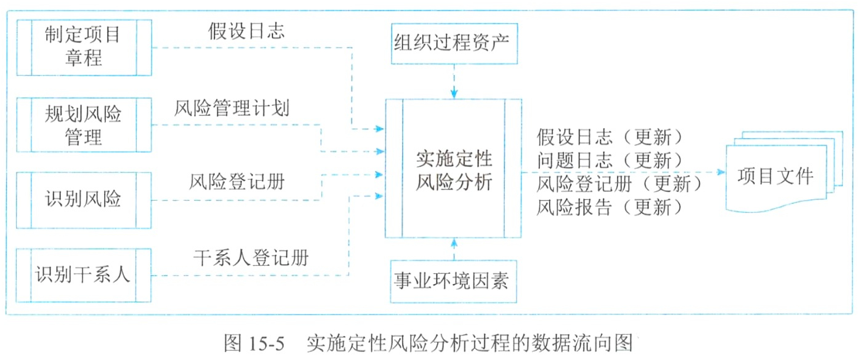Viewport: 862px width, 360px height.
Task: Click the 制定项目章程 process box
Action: click(x=84, y=47)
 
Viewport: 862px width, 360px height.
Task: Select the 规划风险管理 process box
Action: click(x=84, y=125)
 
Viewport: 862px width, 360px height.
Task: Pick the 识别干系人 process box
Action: click(x=84, y=275)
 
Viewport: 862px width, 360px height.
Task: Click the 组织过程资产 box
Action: click(x=454, y=45)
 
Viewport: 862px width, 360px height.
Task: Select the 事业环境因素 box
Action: click(x=454, y=282)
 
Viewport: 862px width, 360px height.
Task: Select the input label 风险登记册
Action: click(x=238, y=183)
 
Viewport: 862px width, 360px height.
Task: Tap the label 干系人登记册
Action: click(x=251, y=257)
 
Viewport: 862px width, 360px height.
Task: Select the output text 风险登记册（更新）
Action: click(x=619, y=183)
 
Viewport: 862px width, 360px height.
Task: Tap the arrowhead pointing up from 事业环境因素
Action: click(x=454, y=242)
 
